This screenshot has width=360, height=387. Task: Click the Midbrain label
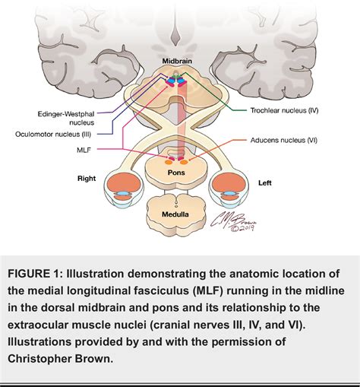pos(180,59)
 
